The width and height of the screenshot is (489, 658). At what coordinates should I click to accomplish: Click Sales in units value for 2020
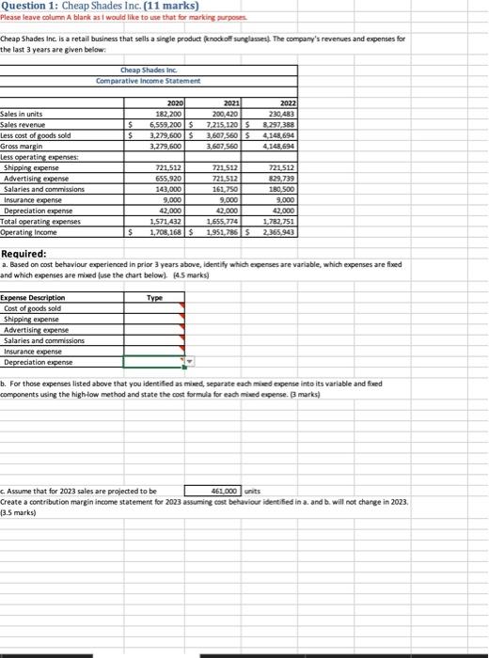tap(168, 114)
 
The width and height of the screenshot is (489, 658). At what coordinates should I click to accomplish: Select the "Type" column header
tap(154, 297)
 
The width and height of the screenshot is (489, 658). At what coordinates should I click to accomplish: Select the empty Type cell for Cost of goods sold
tap(154, 308)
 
